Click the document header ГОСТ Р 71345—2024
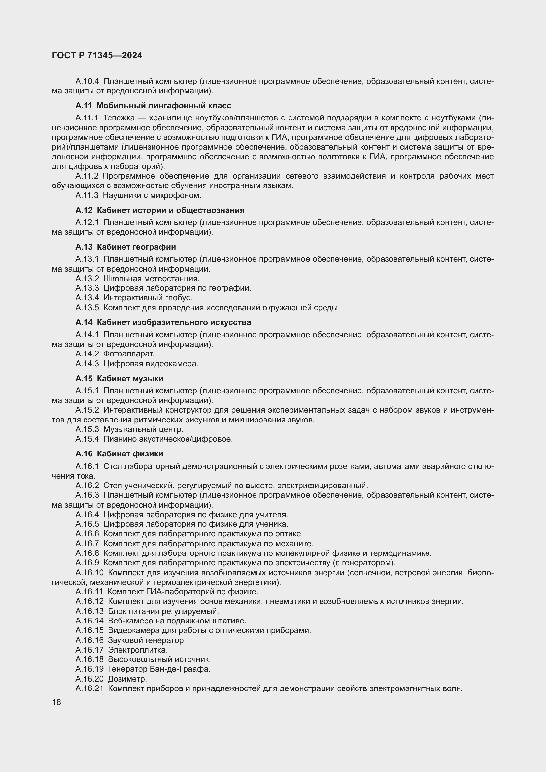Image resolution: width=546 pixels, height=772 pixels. (97, 56)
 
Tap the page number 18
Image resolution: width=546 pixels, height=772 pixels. (56, 702)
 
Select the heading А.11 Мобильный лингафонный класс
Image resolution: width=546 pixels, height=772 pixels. (153, 106)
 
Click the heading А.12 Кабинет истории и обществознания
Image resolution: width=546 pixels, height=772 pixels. (160, 210)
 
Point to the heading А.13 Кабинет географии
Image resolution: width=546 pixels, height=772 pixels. (126, 247)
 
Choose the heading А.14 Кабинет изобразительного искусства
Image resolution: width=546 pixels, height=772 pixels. (163, 322)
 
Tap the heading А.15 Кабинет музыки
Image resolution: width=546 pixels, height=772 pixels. (119, 379)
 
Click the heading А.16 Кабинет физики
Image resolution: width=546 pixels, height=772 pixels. (119, 454)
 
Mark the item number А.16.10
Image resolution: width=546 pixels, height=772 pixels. (89, 573)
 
